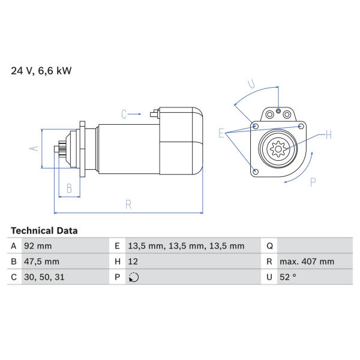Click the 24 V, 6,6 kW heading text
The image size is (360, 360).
41,71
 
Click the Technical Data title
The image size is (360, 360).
44,230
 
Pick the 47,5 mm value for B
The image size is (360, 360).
41,262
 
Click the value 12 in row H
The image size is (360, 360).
133,262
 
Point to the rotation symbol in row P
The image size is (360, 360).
134,277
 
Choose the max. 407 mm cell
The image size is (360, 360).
307,262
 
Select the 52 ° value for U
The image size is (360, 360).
288,277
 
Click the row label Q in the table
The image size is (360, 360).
269,246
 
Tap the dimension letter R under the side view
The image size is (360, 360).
128,205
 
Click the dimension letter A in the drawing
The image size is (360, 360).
34,148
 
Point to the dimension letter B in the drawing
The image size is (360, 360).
69,188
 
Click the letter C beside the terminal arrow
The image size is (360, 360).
124,115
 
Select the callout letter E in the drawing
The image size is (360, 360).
221,133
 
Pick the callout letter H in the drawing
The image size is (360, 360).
329,134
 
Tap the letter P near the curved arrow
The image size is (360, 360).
313,182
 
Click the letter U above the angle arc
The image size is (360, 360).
251,84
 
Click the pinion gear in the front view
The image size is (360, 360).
278,149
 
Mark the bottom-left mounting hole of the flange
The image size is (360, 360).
256,172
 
